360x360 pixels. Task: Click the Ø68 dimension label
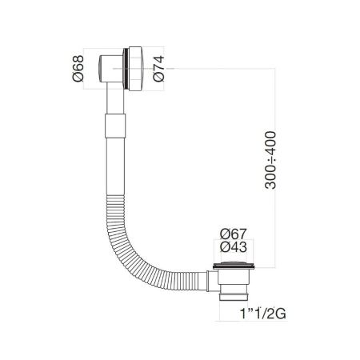point(89,72)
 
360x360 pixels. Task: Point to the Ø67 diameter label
point(232,234)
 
